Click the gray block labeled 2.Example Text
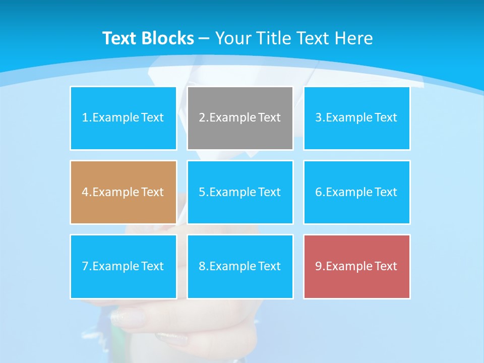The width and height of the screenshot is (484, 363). pyautogui.click(x=240, y=118)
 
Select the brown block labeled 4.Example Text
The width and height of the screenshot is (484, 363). pyautogui.click(x=124, y=192)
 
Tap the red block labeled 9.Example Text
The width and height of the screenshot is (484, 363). pyautogui.click(x=356, y=266)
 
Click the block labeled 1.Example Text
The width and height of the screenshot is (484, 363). pyautogui.click(x=124, y=118)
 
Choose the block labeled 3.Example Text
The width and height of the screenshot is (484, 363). pyautogui.click(x=356, y=118)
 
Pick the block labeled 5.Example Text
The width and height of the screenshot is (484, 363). pyautogui.click(x=240, y=192)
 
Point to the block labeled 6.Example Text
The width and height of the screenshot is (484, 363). pyautogui.click(x=356, y=192)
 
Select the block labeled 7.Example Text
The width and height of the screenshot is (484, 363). pyautogui.click(x=124, y=266)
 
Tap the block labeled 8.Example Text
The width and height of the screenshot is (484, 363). pyautogui.click(x=240, y=266)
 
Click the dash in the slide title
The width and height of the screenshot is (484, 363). pyautogui.click(x=204, y=38)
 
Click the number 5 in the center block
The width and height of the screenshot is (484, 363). pyautogui.click(x=202, y=192)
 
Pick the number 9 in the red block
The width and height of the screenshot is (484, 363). pyautogui.click(x=319, y=266)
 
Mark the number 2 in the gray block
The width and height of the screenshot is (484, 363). pyautogui.click(x=202, y=118)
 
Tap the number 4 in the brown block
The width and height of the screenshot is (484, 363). pyautogui.click(x=85, y=192)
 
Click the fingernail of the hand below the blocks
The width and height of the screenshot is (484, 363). pyautogui.click(x=128, y=318)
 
